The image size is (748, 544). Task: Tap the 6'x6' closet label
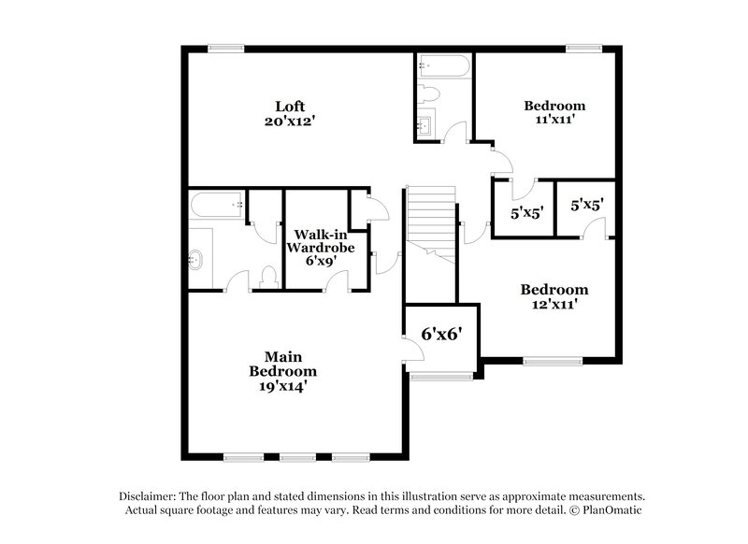point(441,333)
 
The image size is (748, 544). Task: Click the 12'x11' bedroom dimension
point(554,304)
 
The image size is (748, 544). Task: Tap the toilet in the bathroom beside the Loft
point(427,93)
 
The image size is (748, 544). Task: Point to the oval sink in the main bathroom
point(197,259)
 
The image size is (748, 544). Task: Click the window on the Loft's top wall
point(225,49)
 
